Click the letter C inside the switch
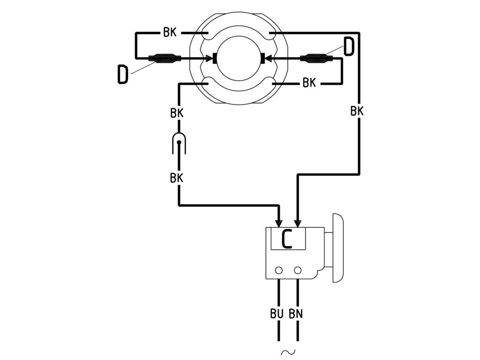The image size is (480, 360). click(x=287, y=239)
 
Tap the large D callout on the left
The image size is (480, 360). click(x=122, y=75)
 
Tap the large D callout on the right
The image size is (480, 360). click(x=349, y=47)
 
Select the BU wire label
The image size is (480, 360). click(x=277, y=313)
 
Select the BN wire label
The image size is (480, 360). click(x=296, y=313)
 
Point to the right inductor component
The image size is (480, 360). click(x=315, y=59)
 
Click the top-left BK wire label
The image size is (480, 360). click(x=170, y=33)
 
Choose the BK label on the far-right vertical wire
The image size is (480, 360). click(x=357, y=112)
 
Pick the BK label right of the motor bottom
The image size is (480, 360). click(x=309, y=83)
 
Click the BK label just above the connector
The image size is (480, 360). click(x=177, y=113)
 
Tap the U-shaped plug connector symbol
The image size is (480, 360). click(x=179, y=142)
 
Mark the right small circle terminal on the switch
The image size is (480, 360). click(x=297, y=270)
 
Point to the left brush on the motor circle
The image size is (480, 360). click(x=213, y=59)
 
